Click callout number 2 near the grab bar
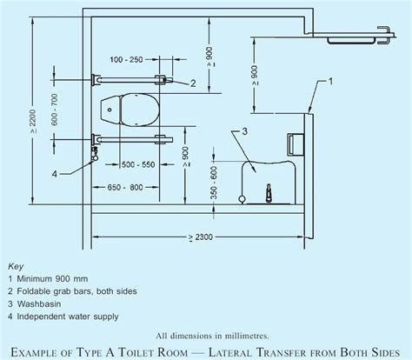(191, 83)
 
